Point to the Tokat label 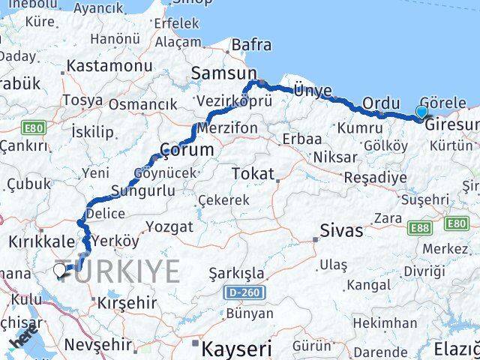coord(252,173)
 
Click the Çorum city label coord(187,149)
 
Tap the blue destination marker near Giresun coord(421,112)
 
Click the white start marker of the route coord(60,270)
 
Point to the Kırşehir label coord(126,302)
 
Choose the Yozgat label coord(169,226)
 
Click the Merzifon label coord(229,128)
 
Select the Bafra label coord(251,44)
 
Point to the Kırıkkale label coord(41,241)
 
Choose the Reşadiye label coord(375,178)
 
